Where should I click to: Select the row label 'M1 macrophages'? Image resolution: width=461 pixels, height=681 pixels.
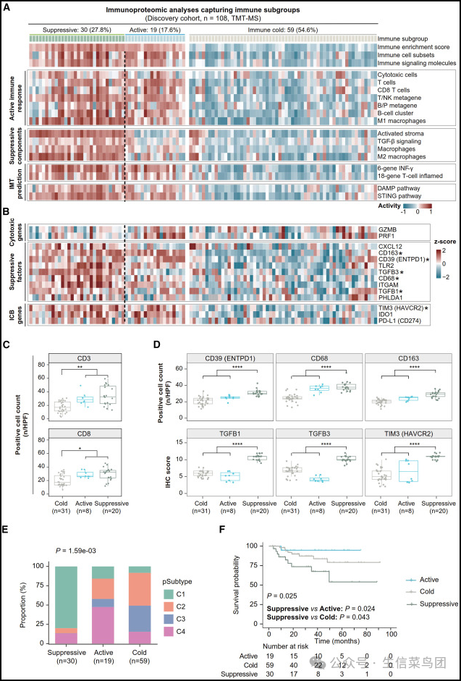(x=400, y=121)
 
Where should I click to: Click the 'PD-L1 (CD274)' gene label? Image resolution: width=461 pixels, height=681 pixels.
(x=402, y=313)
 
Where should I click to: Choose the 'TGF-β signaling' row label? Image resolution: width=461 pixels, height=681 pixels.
(x=402, y=141)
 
